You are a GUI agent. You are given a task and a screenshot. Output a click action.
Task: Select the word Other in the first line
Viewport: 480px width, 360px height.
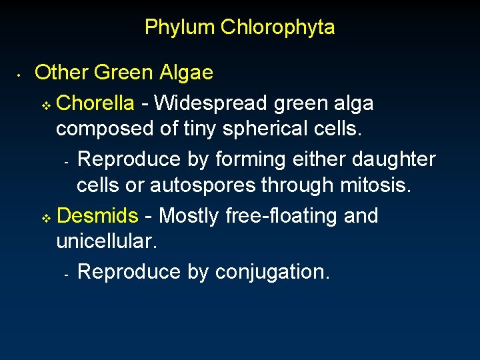click(62, 72)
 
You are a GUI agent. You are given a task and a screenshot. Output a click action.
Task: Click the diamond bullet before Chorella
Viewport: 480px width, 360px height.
click(46, 105)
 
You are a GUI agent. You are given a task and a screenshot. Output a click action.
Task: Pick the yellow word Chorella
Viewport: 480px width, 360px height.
click(96, 103)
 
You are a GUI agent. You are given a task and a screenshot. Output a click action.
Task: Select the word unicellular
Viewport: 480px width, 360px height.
click(107, 241)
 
